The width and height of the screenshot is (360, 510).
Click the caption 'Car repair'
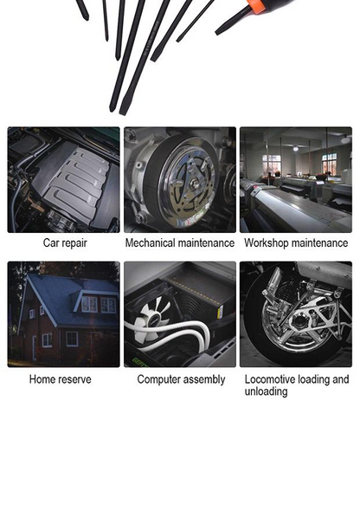click(65, 243)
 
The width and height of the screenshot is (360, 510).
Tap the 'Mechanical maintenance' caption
click(180, 243)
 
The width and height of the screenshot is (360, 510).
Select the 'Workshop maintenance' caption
click(296, 243)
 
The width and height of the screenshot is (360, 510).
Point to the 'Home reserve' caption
click(61, 379)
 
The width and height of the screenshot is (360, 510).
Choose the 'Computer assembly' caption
click(181, 379)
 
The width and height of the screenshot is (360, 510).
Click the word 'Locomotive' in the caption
click(270, 379)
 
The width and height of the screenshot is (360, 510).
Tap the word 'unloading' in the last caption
click(266, 391)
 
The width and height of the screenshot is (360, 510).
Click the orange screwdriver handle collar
click(256, 6)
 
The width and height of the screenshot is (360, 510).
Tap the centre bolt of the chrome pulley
click(194, 183)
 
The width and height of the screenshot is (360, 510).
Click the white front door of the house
click(34, 348)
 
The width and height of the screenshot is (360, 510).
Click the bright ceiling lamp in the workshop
click(295, 149)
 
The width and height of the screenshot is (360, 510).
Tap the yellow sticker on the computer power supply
click(220, 313)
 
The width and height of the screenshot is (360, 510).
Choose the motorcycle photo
click(296, 314)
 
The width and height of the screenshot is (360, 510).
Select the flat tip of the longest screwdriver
click(122, 112)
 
